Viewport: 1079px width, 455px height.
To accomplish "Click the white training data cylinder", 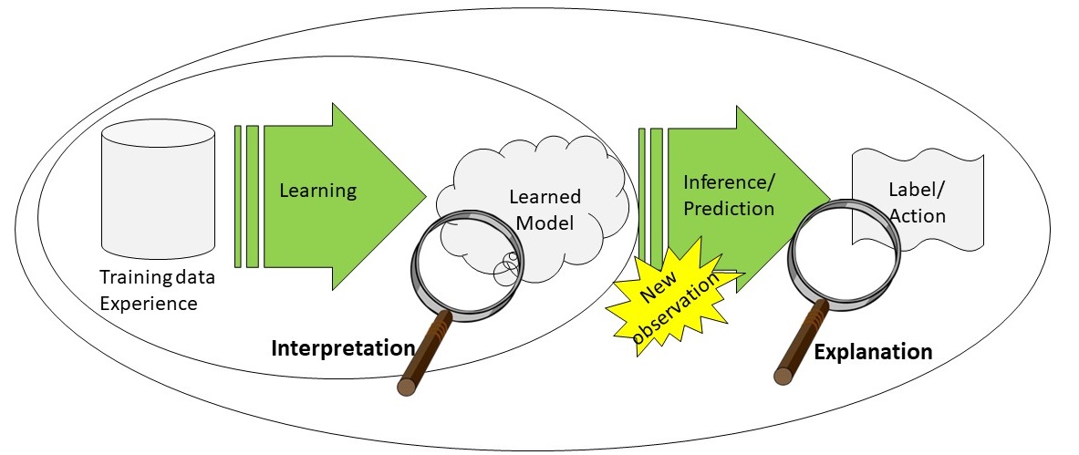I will [159, 191].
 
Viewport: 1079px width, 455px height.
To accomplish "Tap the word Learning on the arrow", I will [317, 191].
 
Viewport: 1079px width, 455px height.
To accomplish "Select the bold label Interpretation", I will [342, 347].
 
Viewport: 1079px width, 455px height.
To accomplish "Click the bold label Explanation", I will [873, 352].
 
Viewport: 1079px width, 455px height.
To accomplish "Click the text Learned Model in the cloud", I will [544, 209].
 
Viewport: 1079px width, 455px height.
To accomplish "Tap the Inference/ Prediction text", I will [728, 195].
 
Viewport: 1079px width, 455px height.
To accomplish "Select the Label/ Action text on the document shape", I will [917, 203].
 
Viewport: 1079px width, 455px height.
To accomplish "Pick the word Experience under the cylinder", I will [148, 303].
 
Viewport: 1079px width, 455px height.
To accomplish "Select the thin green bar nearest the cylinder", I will [238, 196].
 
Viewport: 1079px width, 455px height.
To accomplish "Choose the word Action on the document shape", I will [917, 216].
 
